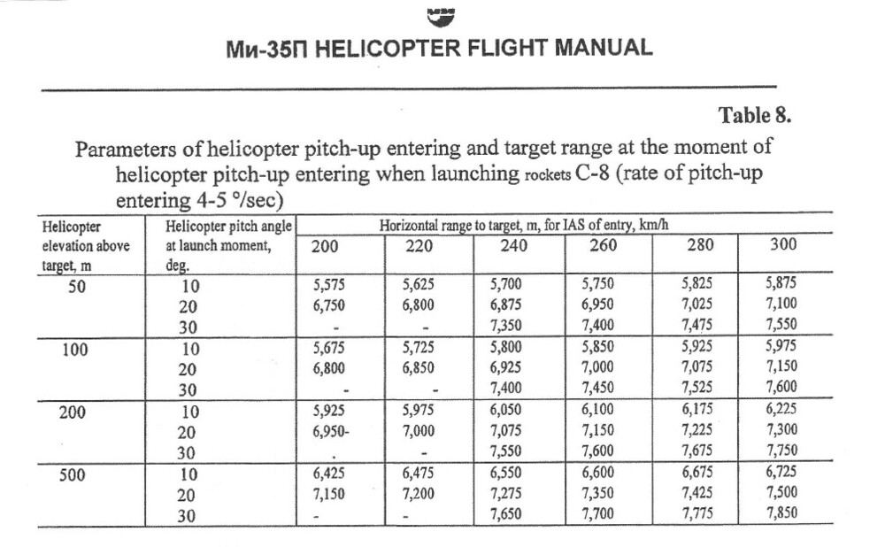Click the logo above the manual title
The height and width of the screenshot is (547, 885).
click(440, 15)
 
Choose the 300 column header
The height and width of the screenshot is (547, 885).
click(784, 245)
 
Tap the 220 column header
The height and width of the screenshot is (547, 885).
click(419, 246)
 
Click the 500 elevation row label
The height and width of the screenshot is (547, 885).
click(73, 475)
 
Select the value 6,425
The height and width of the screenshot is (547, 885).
click(331, 474)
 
